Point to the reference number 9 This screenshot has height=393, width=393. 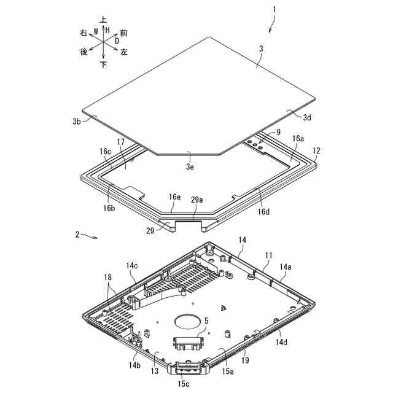(278, 132)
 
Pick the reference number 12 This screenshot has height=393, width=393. (316, 150)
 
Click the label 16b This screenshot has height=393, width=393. (109, 208)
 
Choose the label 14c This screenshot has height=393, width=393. (132, 266)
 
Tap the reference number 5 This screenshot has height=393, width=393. (206, 320)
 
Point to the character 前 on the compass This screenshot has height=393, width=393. (124, 31)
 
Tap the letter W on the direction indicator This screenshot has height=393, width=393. (95, 31)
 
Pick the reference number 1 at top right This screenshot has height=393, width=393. (274, 10)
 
